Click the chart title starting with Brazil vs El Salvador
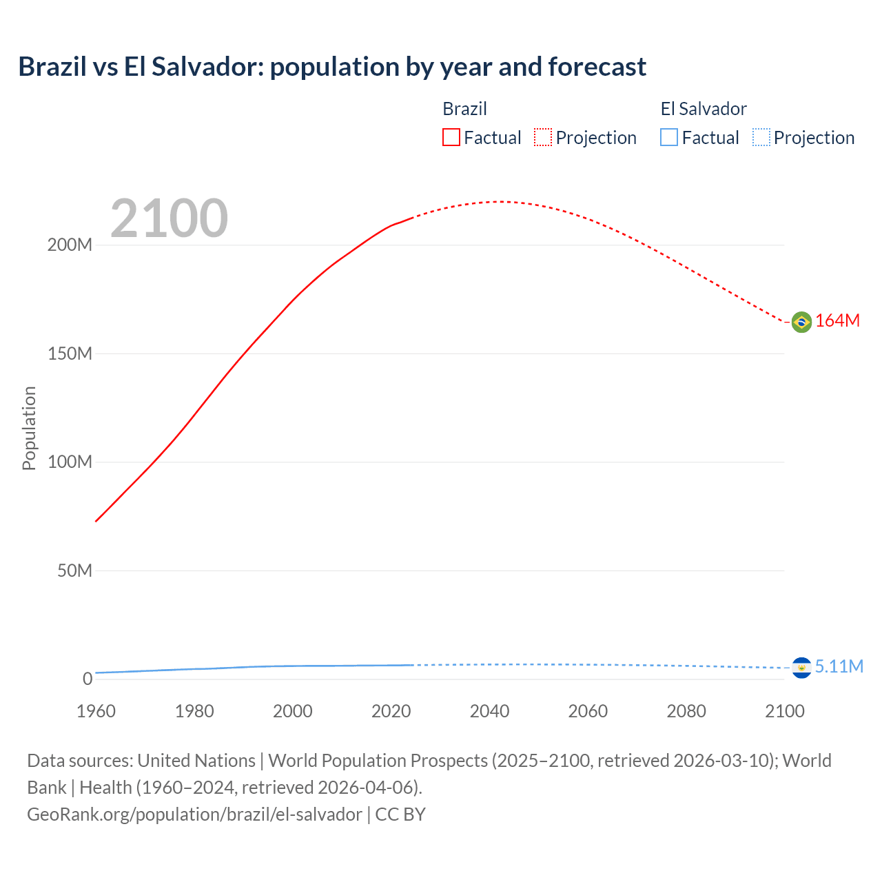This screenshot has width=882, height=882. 332,67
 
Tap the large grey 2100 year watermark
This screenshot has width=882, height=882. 169,218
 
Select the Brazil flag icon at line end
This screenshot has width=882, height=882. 801,322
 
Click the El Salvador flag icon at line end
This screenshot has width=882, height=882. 801,668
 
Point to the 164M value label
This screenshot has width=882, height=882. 838,321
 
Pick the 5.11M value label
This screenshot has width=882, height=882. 839,667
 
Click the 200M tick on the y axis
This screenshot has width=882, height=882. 70,245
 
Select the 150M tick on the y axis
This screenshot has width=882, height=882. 70,354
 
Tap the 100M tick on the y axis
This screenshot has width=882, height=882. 70,462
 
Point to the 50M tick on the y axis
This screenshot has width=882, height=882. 74,571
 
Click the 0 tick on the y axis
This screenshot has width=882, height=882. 88,679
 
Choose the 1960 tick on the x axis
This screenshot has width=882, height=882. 96,711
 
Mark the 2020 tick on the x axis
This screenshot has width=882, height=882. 391,711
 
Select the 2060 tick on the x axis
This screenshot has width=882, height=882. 588,711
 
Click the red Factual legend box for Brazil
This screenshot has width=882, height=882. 451,138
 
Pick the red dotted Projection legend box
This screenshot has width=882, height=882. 543,138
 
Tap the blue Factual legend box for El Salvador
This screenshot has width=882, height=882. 669,138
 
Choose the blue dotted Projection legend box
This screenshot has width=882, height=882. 761,138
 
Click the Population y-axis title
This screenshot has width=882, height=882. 29,428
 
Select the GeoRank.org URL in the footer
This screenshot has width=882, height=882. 194,814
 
